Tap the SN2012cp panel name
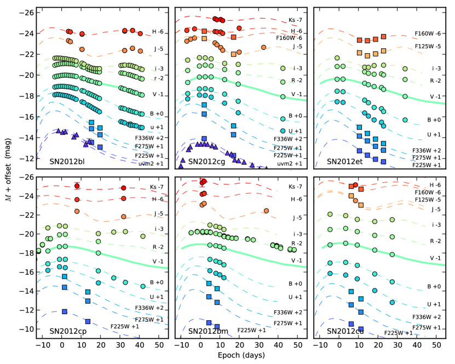click(x=70, y=331)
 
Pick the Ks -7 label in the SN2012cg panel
click(x=295, y=21)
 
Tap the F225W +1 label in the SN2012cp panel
click(x=125, y=326)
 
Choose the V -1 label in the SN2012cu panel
click(x=436, y=258)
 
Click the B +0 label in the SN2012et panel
click(x=434, y=119)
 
